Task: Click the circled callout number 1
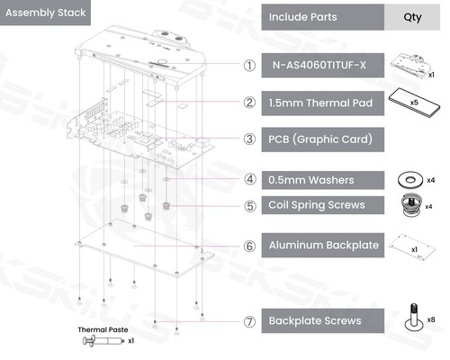(249, 66)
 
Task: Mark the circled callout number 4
(249, 179)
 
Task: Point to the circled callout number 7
(249, 320)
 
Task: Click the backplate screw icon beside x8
(414, 317)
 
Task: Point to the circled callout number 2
(249, 103)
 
